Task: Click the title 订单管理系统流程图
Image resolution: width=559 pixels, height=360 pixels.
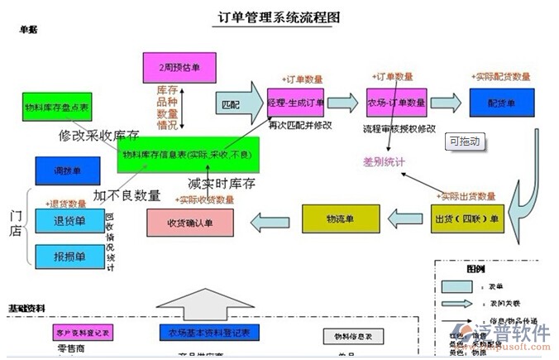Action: point(279,17)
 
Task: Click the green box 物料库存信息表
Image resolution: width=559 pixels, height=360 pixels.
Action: point(189,155)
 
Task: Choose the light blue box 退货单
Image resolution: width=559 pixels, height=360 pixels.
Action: point(69,221)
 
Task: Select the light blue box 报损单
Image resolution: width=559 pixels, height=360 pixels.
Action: point(69,256)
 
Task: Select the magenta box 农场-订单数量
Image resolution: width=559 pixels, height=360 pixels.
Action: point(396,103)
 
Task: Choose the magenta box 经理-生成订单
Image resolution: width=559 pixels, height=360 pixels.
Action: point(295,103)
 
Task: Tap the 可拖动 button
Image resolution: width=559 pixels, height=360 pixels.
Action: point(464,142)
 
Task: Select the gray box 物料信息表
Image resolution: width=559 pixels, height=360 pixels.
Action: point(345,336)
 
